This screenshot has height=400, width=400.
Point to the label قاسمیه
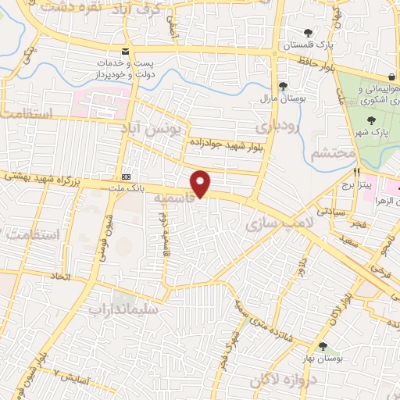pyautogui.click(x=173, y=200)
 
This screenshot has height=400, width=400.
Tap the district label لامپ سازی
pyautogui.click(x=269, y=226)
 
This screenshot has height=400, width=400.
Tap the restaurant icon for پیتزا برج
pyautogui.click(x=356, y=173)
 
